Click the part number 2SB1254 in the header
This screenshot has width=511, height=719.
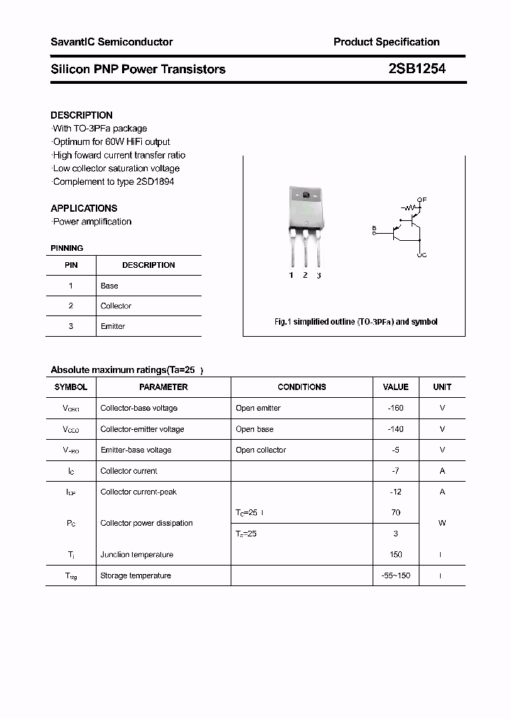point(417,69)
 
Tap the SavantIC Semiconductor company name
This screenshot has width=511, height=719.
point(111,42)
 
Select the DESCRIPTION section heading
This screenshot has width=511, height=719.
point(82,115)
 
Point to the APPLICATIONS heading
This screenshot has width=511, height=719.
point(84,208)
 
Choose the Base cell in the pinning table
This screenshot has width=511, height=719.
point(109,286)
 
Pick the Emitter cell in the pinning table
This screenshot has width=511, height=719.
point(113,326)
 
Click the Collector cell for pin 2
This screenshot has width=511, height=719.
point(116,306)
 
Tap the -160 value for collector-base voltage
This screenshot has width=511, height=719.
point(395,409)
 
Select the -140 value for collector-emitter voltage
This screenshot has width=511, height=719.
point(395,429)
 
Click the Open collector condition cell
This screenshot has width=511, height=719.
point(260,450)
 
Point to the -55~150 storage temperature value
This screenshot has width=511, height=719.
point(395,575)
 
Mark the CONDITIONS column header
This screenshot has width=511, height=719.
point(302,387)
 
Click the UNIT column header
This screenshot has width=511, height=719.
point(442,387)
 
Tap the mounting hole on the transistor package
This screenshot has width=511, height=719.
point(305,195)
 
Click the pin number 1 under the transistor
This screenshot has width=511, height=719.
point(291,275)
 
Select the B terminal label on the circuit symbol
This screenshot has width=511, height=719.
point(373,227)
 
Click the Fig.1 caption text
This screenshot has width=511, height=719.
point(356,322)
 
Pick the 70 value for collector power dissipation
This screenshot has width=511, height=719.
point(395,512)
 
